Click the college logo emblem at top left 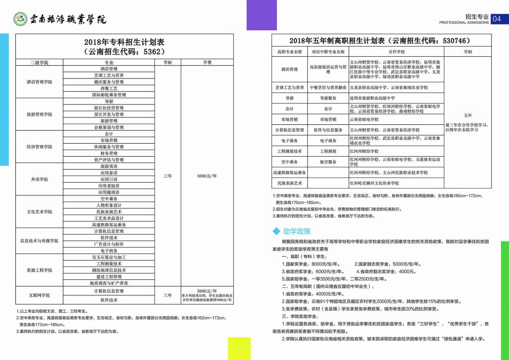(20, 19)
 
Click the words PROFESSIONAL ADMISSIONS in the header (464, 23)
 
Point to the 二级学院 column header (39, 62)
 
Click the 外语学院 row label (39, 179)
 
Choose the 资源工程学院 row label (39, 270)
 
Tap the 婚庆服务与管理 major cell (109, 82)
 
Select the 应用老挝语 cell (109, 185)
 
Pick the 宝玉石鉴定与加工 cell (109, 257)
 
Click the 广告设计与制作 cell (109, 244)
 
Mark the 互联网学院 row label (39, 295)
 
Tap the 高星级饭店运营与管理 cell (328, 69)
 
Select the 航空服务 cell (328, 162)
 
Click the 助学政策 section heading (297, 231)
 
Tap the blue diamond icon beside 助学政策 (276, 231)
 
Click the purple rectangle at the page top (261, 15)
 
